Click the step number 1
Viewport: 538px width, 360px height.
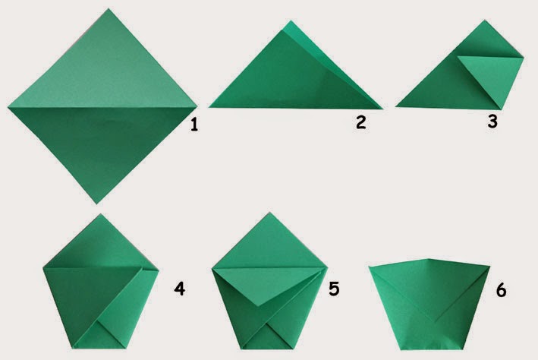[x=194, y=125]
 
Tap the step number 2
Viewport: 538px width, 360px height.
[x=361, y=122]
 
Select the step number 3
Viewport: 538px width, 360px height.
[x=492, y=122]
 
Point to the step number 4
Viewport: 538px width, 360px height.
[x=179, y=289]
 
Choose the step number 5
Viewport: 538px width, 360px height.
[x=334, y=289]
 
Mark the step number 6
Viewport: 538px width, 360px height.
[x=501, y=291]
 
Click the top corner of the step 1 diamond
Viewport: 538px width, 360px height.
[x=109, y=8]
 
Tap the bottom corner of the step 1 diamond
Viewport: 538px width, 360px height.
[x=97, y=204]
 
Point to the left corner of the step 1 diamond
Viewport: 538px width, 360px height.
[x=8, y=108]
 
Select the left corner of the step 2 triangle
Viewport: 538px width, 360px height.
[x=209, y=107]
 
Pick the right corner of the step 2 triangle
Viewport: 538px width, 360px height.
[x=383, y=109]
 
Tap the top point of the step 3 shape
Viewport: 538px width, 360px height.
[x=485, y=20]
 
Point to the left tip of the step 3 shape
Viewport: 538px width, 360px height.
[x=395, y=106]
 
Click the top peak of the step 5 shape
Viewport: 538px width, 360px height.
[x=269, y=213]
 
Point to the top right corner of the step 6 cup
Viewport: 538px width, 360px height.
[x=490, y=266]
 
